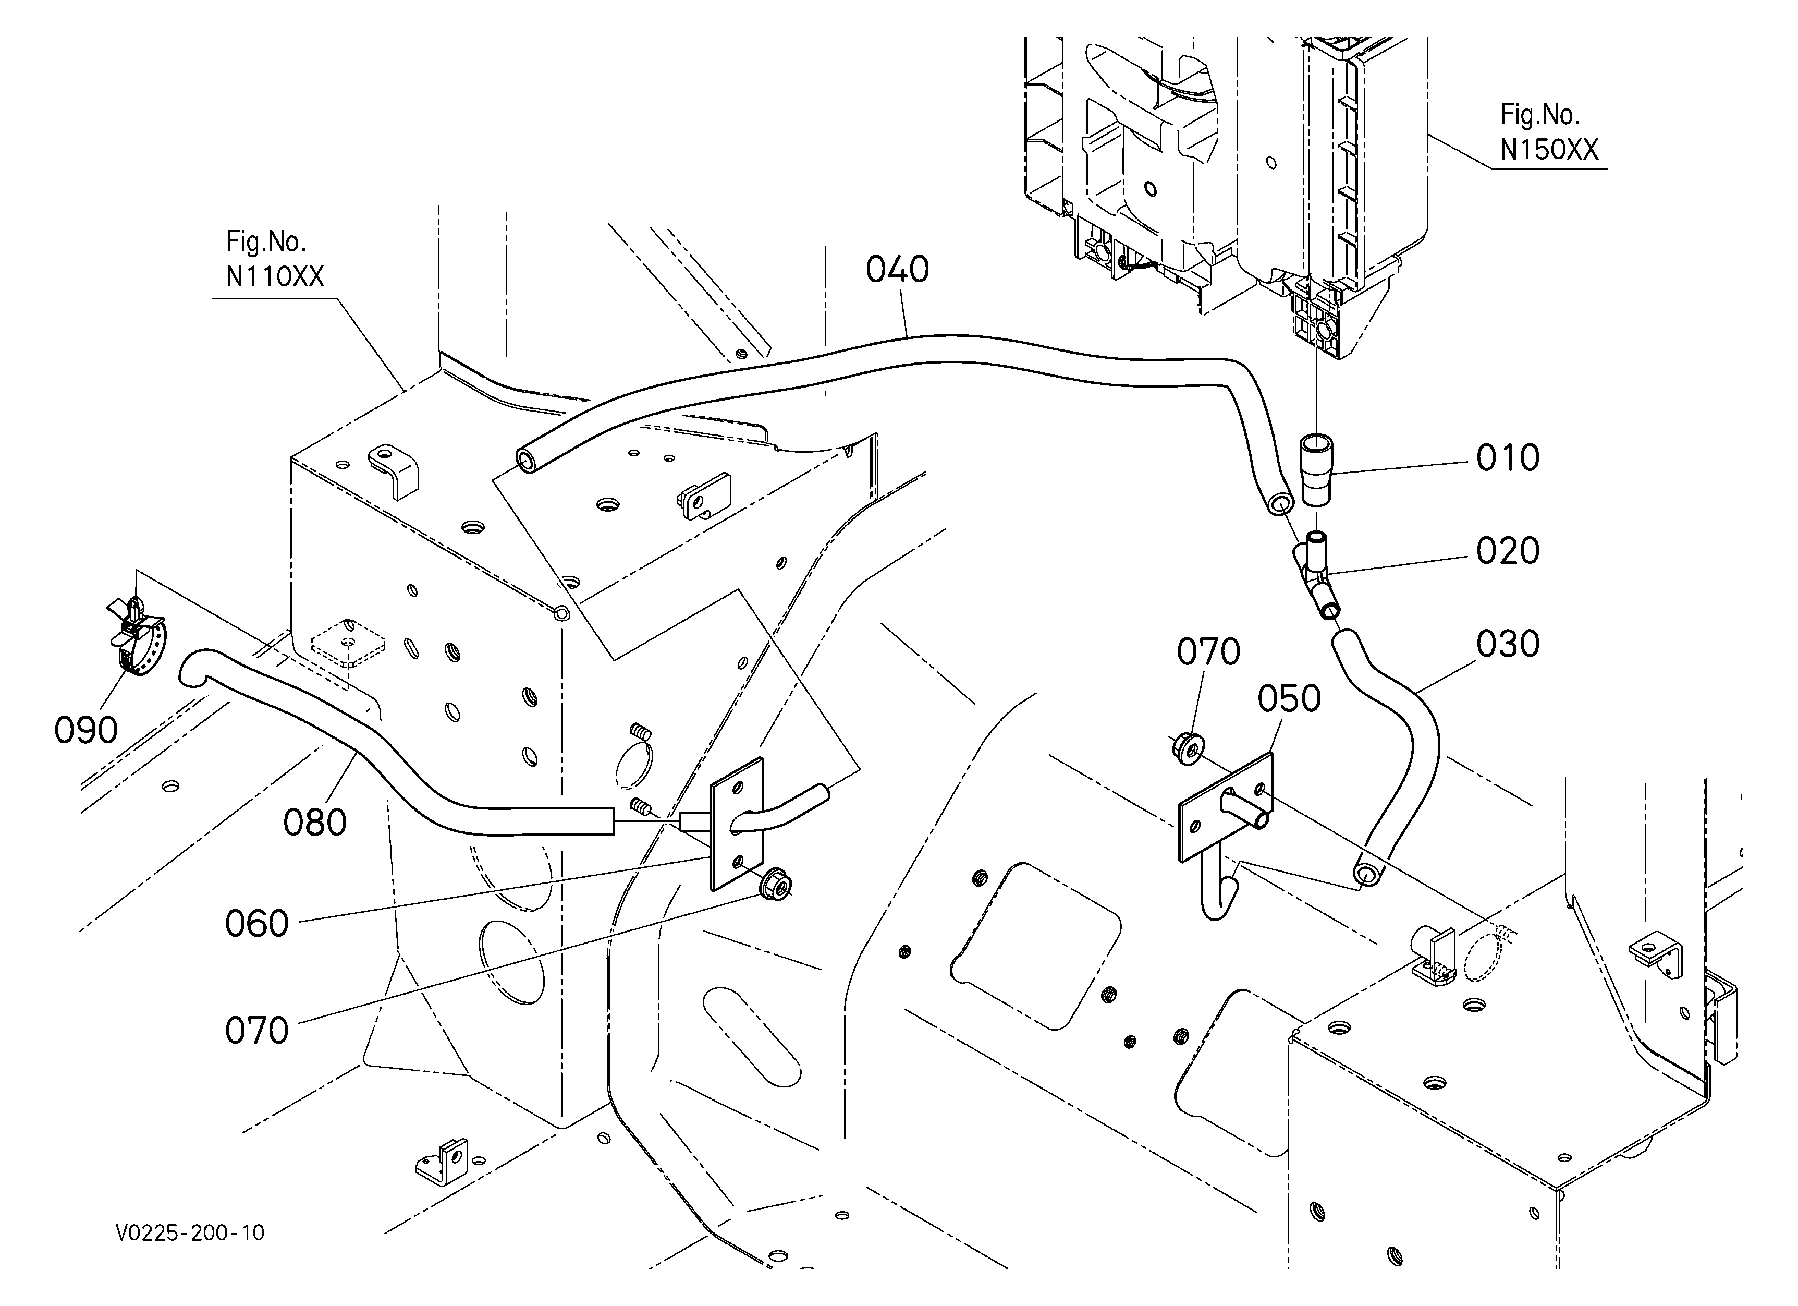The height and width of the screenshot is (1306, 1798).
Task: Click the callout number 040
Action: pos(897,270)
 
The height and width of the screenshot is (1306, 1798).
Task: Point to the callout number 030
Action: pos(1507,644)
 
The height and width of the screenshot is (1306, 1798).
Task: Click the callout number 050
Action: pos(1289,698)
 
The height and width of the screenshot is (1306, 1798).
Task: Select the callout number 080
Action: pos(315,823)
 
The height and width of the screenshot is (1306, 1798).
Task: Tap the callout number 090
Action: pos(85,730)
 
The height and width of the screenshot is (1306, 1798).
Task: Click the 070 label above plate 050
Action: pos(1208,652)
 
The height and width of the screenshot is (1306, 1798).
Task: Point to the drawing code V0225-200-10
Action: pos(190,1233)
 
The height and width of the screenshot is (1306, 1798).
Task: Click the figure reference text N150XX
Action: pos(1548,150)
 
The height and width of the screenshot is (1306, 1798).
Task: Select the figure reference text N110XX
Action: pos(274,277)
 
